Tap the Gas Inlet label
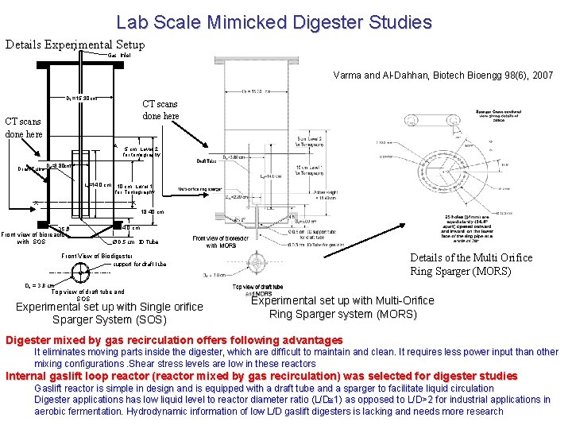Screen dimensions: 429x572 tap(119, 55)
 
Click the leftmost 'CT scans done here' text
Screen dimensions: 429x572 tap(24, 128)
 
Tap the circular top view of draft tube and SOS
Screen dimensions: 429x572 tap(79, 273)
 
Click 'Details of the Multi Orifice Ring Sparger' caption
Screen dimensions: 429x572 tap(471, 265)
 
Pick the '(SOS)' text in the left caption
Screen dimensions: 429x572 tap(149, 320)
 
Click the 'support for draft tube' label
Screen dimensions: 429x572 tap(139, 264)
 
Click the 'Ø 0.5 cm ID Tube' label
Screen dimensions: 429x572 tap(132, 242)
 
